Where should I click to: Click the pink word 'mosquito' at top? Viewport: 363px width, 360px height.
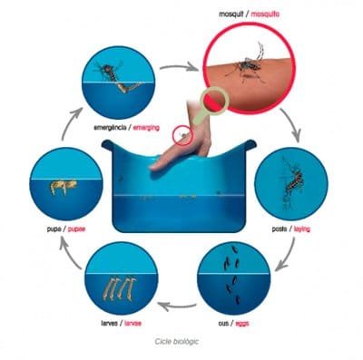click(x=265, y=14)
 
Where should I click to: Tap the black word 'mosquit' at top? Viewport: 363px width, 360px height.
click(x=231, y=14)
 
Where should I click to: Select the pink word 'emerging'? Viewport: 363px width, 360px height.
click(x=146, y=128)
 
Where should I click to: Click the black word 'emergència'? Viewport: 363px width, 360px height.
click(x=110, y=128)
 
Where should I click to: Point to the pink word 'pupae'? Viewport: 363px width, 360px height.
click(x=76, y=229)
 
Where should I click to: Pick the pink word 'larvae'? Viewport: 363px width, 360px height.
click(x=132, y=324)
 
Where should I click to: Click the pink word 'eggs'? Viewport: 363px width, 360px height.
click(x=241, y=324)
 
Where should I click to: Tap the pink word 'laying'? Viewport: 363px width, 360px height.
click(x=302, y=229)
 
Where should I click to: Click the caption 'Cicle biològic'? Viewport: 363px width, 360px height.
click(x=177, y=342)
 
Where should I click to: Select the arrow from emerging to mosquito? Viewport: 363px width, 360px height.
click(x=179, y=67)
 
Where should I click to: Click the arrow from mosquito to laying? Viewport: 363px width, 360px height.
click(x=292, y=123)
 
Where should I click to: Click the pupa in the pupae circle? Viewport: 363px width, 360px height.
click(x=64, y=187)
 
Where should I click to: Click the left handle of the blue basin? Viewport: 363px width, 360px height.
click(x=107, y=145)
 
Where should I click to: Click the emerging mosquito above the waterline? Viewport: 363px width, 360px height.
click(x=108, y=72)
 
